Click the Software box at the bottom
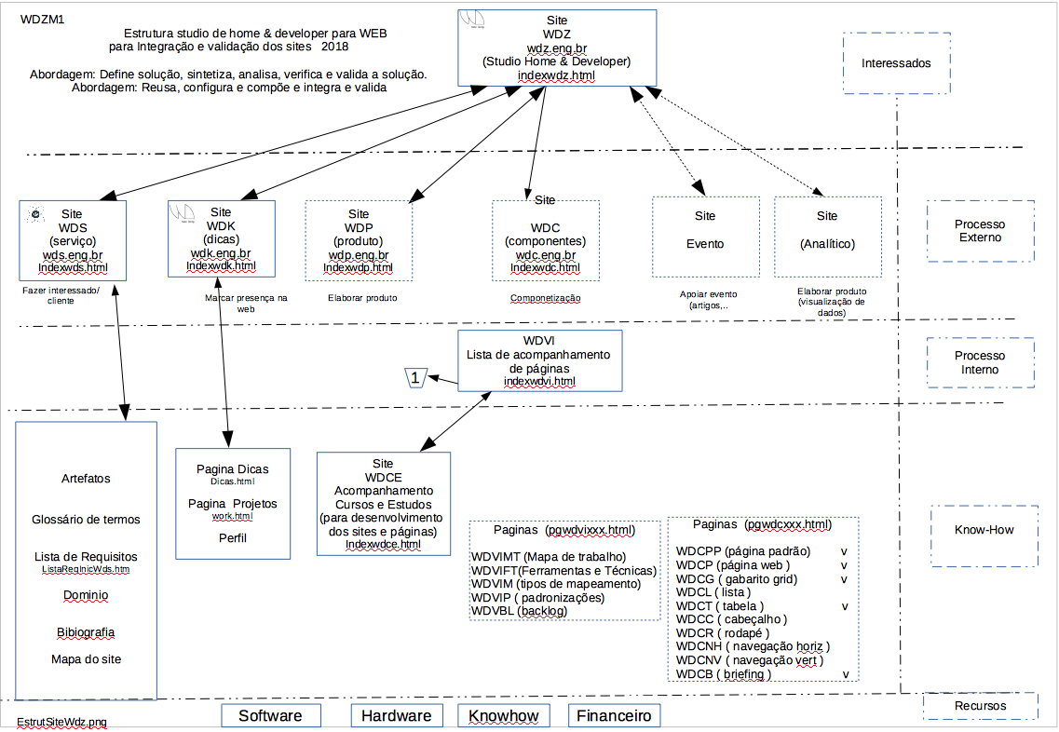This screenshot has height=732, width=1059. [x=270, y=715]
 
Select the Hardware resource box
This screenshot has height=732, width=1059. [x=396, y=715]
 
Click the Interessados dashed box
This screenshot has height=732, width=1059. [x=896, y=63]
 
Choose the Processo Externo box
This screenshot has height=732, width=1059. [x=980, y=231]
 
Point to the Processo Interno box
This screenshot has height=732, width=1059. [x=980, y=362]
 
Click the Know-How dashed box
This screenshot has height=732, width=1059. [x=984, y=530]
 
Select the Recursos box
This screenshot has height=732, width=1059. [x=980, y=706]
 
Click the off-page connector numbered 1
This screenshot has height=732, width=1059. [x=415, y=377]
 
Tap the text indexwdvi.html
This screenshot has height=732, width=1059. [x=539, y=381]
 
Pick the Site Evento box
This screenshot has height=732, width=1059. [x=705, y=237]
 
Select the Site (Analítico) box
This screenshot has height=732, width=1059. [x=827, y=237]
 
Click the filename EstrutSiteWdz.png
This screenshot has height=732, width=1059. [x=61, y=722]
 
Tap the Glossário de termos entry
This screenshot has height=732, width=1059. [x=86, y=520]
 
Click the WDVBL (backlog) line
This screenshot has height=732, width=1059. [x=519, y=610]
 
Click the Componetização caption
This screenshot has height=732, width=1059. [x=545, y=299]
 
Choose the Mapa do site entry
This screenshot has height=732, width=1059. [x=86, y=659]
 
